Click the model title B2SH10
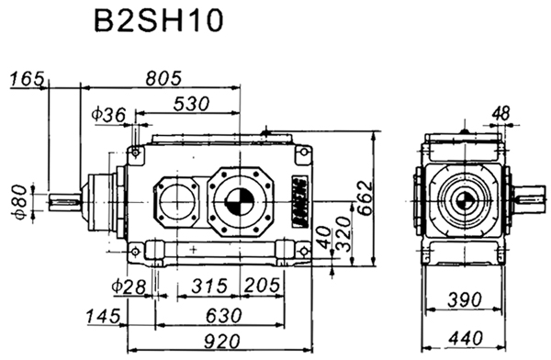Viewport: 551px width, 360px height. [158, 23]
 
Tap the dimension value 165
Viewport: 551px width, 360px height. [28, 80]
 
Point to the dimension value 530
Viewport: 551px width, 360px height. [189, 105]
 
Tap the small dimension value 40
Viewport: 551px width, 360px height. [322, 240]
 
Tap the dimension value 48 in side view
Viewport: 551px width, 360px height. [501, 113]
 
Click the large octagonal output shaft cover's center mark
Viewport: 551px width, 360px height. [238, 198]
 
